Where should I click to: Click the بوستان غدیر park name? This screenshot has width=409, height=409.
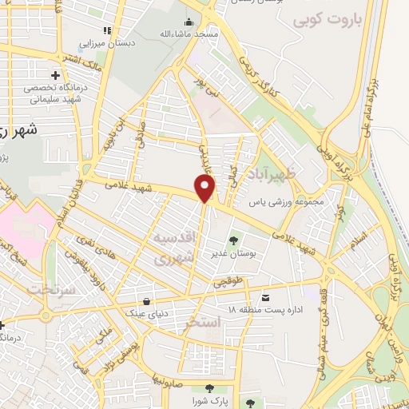coord(234,253)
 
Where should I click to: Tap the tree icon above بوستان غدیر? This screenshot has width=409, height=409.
coord(234,240)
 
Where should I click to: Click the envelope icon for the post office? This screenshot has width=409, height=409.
coord(266,296)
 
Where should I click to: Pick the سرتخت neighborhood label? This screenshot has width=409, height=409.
coord(53,289)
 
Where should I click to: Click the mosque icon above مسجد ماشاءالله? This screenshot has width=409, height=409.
coord(189,22)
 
